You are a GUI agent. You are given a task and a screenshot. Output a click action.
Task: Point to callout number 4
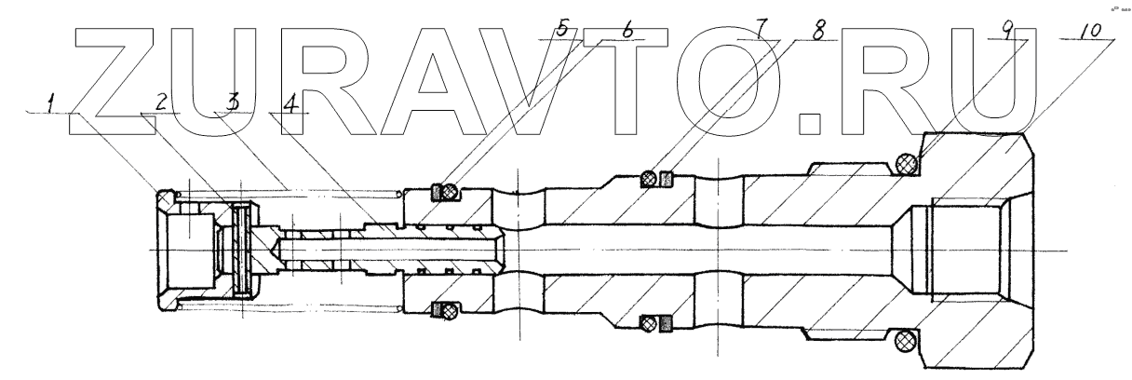(291, 103)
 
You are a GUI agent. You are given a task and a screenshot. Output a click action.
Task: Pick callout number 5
(560, 28)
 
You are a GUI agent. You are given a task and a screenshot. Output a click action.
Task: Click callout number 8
(818, 29)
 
